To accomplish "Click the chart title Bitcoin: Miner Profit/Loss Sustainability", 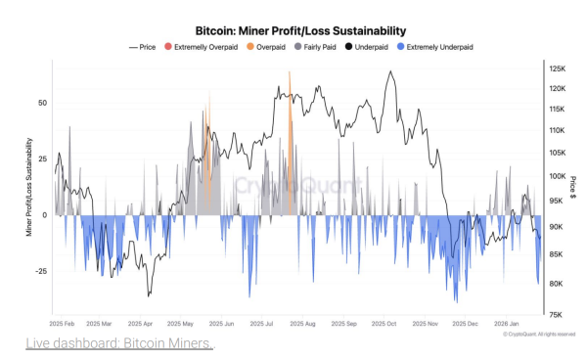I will (x=294, y=31).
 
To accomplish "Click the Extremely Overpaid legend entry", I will (x=206, y=46).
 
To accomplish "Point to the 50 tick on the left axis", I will (x=42, y=102).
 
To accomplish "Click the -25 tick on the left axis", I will (x=40, y=272).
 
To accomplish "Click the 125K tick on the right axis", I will (x=558, y=68).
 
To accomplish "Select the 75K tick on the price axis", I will (x=556, y=314).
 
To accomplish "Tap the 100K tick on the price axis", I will (x=558, y=176).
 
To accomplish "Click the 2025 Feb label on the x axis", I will (x=64, y=323).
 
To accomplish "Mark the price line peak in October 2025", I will (x=391, y=72).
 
